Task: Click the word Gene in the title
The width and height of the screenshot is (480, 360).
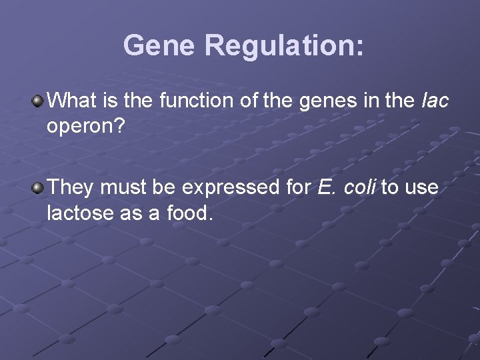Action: point(159,45)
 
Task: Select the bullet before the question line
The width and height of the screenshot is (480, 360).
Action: point(38,101)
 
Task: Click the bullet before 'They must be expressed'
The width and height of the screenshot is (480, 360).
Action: point(38,188)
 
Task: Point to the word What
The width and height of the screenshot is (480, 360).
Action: point(71,101)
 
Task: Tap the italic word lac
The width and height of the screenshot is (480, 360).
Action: point(435,101)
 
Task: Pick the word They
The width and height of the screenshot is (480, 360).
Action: point(71,187)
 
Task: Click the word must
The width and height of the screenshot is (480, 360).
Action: point(124,187)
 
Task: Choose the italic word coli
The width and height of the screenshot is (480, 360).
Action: point(359,187)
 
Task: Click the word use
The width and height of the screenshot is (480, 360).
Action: point(421,187)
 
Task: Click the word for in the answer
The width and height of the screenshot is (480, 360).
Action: point(298,187)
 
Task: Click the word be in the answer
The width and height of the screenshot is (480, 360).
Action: point(164,187)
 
